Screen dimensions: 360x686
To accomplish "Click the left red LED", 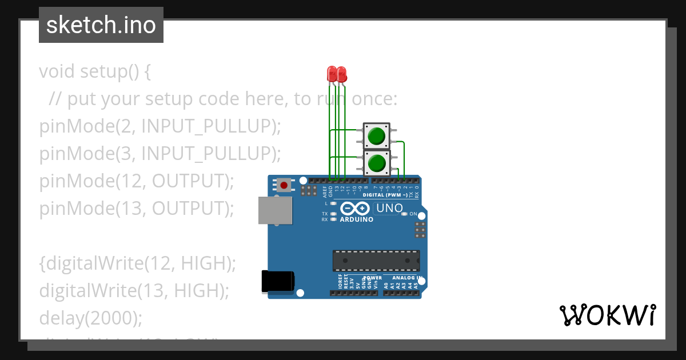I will (332, 74).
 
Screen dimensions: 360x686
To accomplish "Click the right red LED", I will (341, 74).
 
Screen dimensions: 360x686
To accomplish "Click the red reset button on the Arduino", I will (284, 185).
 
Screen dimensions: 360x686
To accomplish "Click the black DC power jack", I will (278, 282).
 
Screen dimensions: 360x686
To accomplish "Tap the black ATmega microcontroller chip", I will (376, 261).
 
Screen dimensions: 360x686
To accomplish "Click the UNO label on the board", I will (390, 209).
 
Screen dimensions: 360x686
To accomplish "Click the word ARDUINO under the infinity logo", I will (356, 219).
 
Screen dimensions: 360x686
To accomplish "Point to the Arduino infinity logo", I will (355, 209).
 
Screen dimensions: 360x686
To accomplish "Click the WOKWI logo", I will (607, 315).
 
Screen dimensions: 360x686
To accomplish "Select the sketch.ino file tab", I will (101, 25).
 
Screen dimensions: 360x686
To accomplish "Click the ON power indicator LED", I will (404, 214).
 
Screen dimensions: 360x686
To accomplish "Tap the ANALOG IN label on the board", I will (406, 278).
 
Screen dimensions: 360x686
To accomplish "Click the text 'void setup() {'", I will (95, 72).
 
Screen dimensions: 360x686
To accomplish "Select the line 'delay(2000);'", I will (90, 318).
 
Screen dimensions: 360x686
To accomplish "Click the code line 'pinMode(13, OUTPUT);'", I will (137, 209).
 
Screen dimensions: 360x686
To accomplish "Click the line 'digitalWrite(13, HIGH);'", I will (134, 291).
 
